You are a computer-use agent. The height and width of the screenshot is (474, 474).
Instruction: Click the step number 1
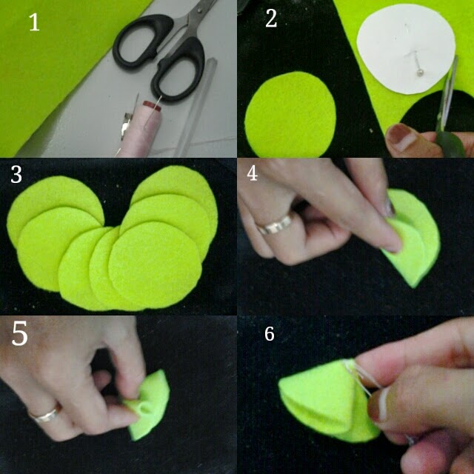tap(34, 22)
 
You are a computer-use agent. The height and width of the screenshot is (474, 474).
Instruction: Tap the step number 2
tap(271, 19)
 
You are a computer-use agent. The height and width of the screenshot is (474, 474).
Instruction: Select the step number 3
tap(16, 175)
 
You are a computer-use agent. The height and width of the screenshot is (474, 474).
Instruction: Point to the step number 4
tap(252, 173)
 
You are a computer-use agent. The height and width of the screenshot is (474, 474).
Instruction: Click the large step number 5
tap(20, 333)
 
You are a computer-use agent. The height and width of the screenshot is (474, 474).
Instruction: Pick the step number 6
tap(270, 334)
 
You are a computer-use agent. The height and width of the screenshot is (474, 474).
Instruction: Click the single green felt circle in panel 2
tap(290, 115)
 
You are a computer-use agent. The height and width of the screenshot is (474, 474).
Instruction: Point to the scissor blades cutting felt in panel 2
tap(446, 97)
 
